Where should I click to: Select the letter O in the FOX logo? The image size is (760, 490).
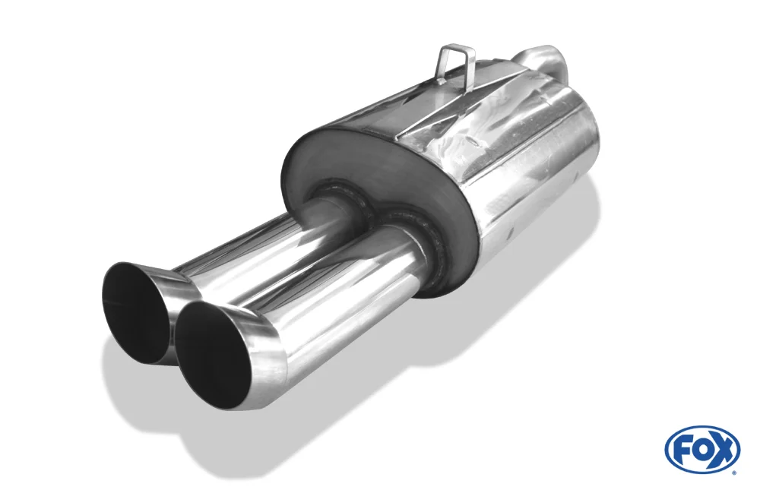703,450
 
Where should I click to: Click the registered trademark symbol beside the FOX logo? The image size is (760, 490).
736,472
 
